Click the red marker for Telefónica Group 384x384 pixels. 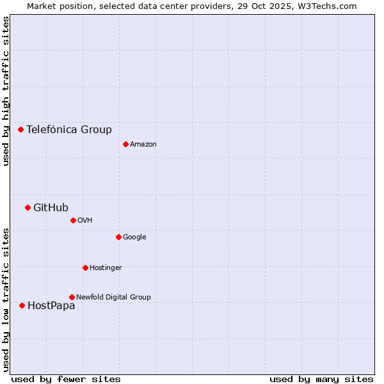tap(20, 129)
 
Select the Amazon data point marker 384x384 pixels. tap(125, 144)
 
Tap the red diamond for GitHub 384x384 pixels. tap(28, 207)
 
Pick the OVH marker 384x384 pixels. tap(73, 220)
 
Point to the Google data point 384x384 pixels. tap(118, 237)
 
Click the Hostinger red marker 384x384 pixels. tap(85, 268)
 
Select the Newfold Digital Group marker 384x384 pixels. tap(72, 297)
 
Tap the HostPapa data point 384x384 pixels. tap(22, 305)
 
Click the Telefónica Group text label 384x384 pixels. tap(69, 129)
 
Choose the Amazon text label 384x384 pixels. tap(143, 144)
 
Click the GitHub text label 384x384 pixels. tap(51, 207)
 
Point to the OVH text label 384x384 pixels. tap(85, 220)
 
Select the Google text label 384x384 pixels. tap(134, 237)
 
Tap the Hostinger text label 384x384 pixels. tap(106, 268)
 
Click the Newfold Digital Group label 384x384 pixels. tap(113, 297)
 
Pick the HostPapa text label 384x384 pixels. tap(51, 305)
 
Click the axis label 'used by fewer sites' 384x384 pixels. tap(66, 379)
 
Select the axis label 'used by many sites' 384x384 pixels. tap(321, 379)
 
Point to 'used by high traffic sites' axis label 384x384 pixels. tap(6, 91)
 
